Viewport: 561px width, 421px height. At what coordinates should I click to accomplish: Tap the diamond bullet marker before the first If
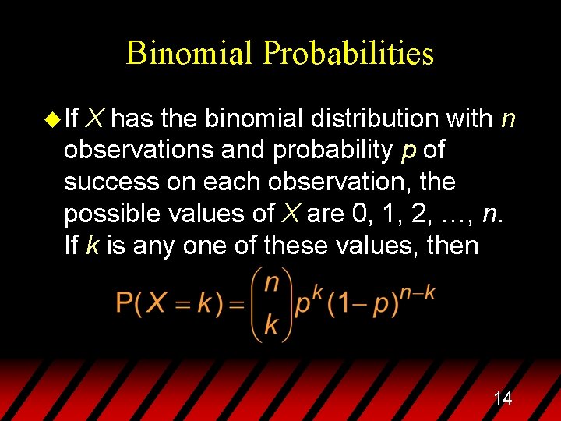pos(52,119)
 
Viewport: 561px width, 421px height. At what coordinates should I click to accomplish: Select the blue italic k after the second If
pos(92,245)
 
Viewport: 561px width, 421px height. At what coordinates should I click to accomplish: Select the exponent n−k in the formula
pos(418,292)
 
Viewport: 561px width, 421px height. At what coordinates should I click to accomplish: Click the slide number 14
pos(503,399)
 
